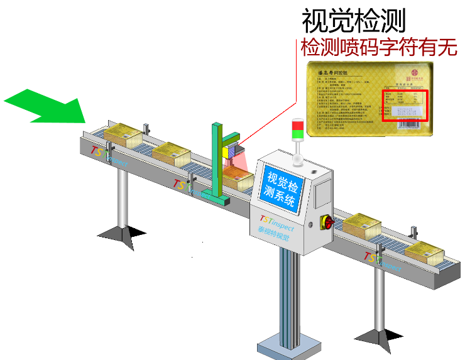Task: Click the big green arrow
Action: (x=47, y=105)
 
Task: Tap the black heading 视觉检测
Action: (x=354, y=21)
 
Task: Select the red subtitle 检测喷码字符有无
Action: (x=379, y=48)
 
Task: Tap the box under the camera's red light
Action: (x=238, y=178)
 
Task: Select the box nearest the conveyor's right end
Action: (x=424, y=252)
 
